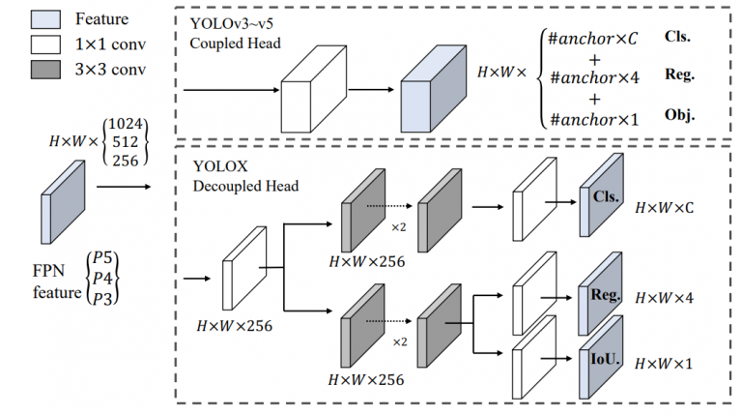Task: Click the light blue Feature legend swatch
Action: [x=45, y=19]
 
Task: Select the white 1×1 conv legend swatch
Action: [x=45, y=44]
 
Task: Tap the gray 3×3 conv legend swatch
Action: [x=45, y=70]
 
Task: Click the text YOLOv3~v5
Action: [x=232, y=23]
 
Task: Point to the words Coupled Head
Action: [x=235, y=44]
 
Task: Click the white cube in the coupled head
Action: [x=314, y=89]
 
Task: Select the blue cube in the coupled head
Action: [x=434, y=89]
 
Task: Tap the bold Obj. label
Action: [x=679, y=115]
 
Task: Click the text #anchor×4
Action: [x=594, y=77]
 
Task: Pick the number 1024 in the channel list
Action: [x=126, y=124]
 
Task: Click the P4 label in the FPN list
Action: [x=102, y=278]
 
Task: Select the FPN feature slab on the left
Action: [x=63, y=202]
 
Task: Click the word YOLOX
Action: [x=220, y=166]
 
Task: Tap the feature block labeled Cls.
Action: [x=602, y=194]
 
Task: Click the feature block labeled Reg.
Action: [x=600, y=294]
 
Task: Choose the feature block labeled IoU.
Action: [x=601, y=357]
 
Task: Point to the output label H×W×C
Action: [x=665, y=208]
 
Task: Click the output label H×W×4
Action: [x=665, y=298]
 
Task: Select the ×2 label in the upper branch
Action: [x=398, y=227]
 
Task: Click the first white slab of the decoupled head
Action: [x=244, y=268]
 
